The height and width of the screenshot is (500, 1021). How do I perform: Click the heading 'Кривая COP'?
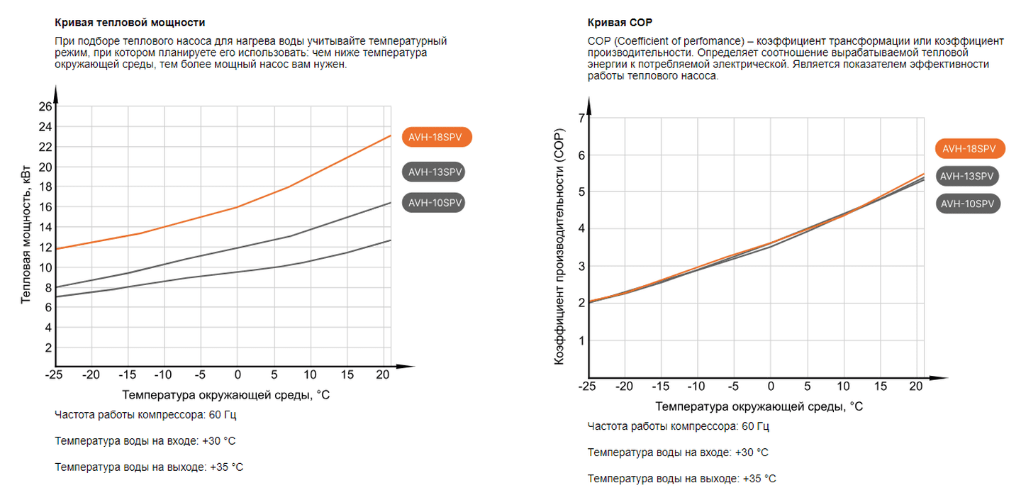point(615,23)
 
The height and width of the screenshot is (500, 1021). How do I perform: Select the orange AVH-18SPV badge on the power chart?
point(436,137)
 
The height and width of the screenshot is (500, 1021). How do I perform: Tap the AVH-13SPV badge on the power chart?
point(436,172)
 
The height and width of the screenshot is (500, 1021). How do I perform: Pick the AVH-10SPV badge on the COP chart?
point(969,204)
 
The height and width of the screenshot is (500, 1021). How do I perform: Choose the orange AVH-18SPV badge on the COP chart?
point(969,148)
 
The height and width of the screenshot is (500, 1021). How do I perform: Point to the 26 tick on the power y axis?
point(45,107)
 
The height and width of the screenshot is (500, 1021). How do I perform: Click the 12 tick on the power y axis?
point(45,248)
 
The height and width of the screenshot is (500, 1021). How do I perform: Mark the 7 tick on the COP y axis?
point(581,118)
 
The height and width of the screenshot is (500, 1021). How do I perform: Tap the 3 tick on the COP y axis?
point(581,267)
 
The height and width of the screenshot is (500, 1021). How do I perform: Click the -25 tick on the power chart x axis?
point(55,374)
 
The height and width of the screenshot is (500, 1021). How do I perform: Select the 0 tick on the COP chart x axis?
point(770,387)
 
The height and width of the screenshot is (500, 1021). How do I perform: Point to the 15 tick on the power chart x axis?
point(347,374)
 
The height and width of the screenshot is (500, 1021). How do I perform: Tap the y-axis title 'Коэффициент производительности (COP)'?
point(559,249)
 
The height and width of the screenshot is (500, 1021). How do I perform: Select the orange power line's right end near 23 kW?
point(389,136)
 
